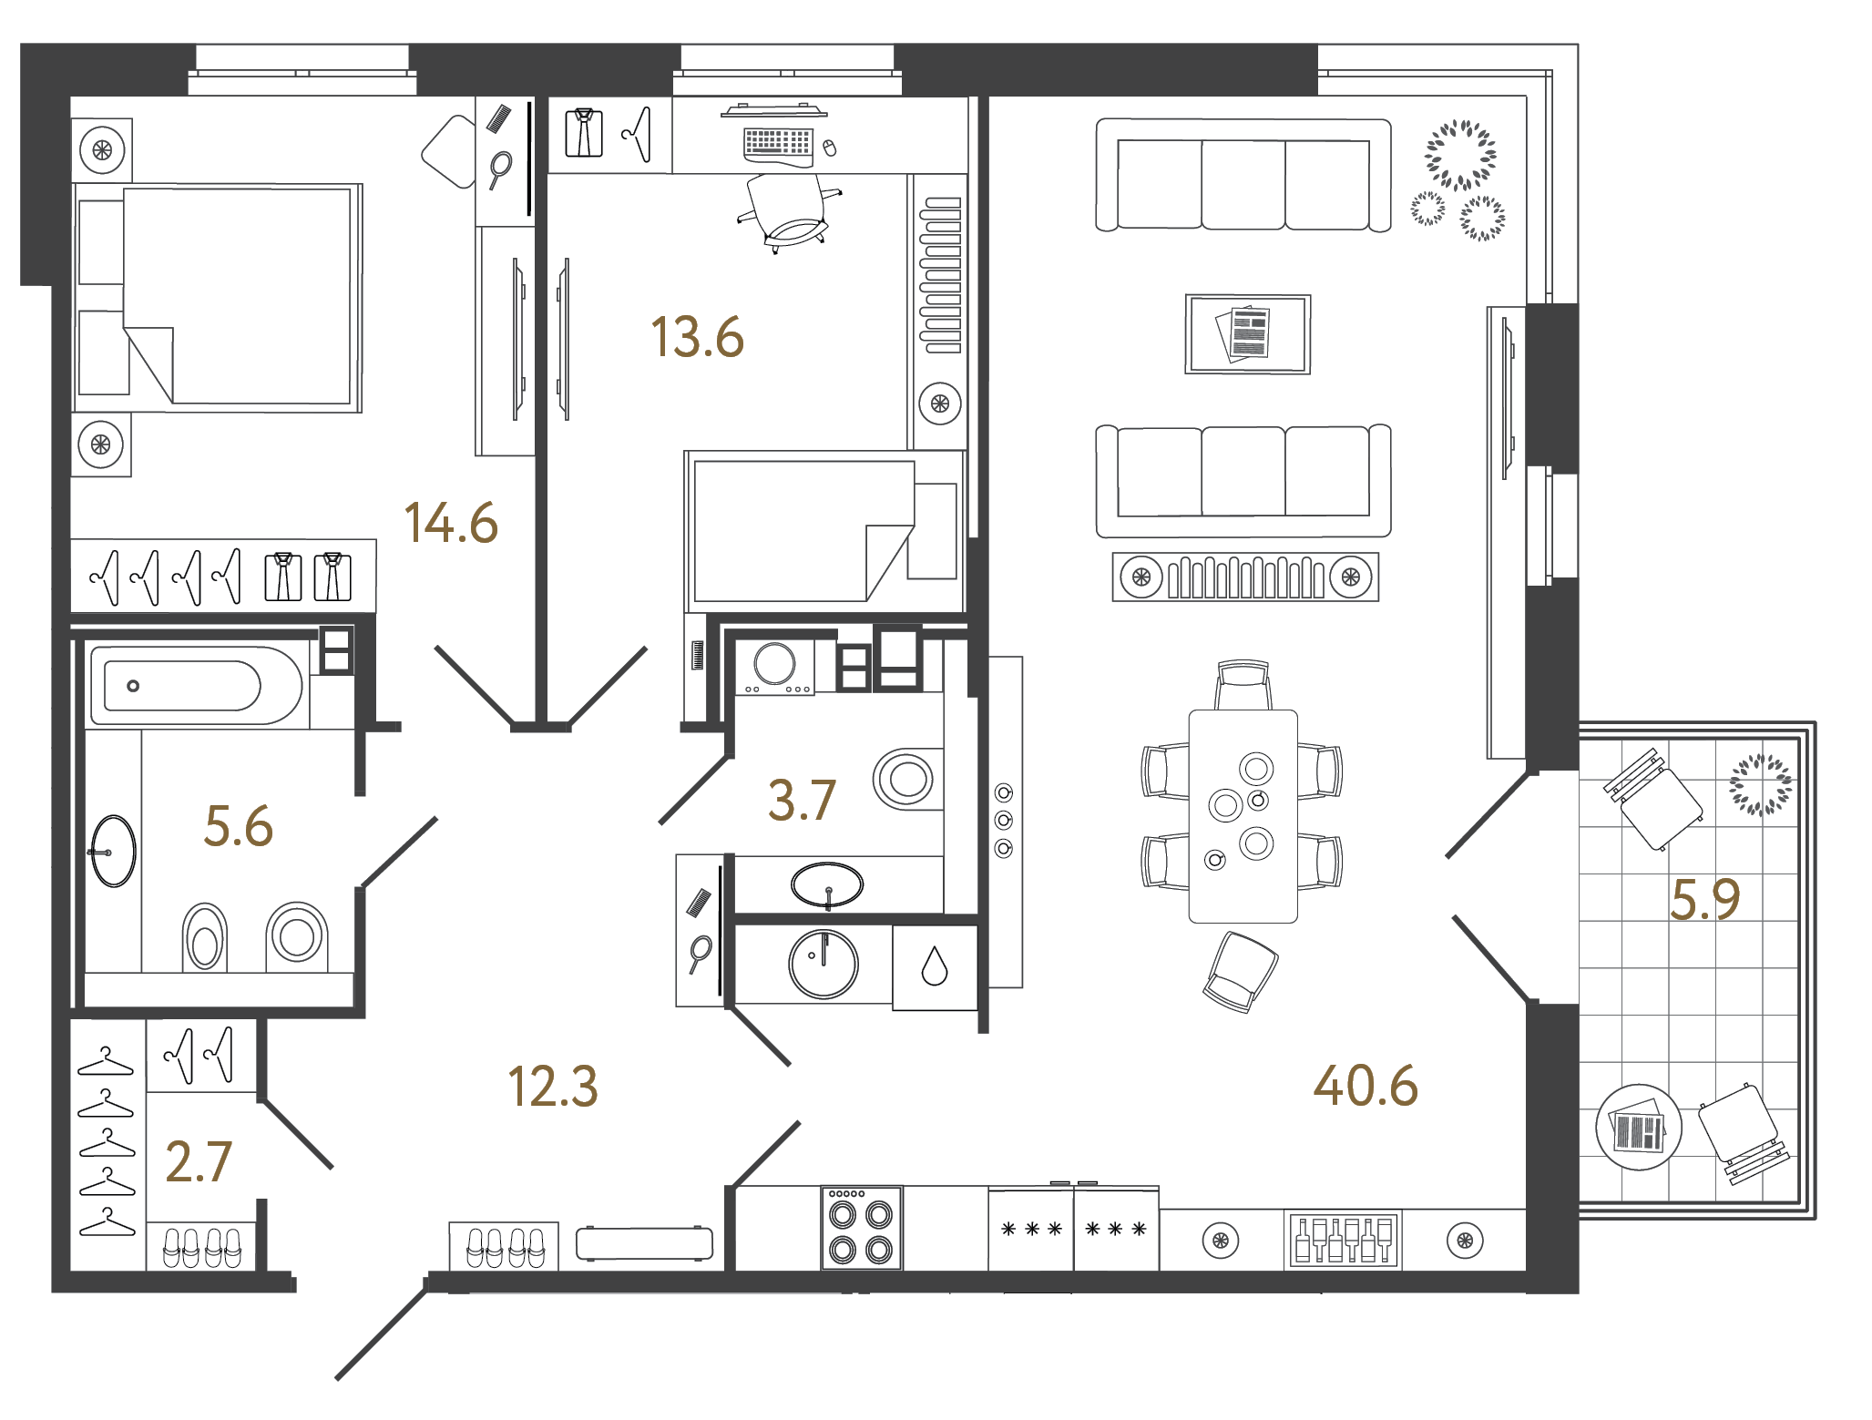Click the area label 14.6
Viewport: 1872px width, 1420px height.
[x=451, y=523]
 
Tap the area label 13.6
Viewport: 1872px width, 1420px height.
[x=697, y=337]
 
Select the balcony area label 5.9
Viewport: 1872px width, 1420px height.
[x=1704, y=899]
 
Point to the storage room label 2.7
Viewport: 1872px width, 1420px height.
[x=199, y=1162]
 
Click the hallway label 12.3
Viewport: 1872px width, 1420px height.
[x=552, y=1087]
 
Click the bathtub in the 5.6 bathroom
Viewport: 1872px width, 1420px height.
[x=195, y=686]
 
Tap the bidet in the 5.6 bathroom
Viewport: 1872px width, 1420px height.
[x=205, y=938]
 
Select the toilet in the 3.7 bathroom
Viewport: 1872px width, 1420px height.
[x=906, y=779]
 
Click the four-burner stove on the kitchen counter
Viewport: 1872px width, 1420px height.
[x=861, y=1228]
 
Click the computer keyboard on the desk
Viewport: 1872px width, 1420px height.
[x=777, y=143]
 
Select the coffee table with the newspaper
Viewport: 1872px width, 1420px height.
[x=1247, y=333]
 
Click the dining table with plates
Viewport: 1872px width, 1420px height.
[x=1243, y=815]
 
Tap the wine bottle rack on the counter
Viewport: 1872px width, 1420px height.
[x=1343, y=1239]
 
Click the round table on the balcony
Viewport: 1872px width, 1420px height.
[x=1638, y=1128]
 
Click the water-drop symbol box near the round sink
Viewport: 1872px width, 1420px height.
[x=935, y=967]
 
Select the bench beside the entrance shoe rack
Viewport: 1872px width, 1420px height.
[x=644, y=1243]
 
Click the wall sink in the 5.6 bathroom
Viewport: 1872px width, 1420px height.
[x=113, y=851]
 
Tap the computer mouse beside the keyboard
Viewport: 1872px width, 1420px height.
[x=829, y=148]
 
